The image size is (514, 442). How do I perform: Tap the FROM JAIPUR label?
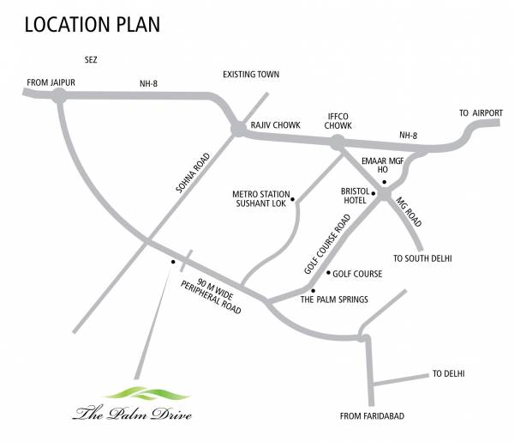[x=52, y=82]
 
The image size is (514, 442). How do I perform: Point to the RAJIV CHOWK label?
[x=275, y=125]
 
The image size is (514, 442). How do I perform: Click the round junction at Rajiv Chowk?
[x=238, y=130]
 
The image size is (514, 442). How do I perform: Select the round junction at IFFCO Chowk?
[x=340, y=142]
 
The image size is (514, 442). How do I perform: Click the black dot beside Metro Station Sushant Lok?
[x=294, y=201]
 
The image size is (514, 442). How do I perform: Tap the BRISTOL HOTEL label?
[x=356, y=195]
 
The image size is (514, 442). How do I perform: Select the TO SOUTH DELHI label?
[x=421, y=257]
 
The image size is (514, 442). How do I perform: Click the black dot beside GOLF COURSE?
[x=329, y=274]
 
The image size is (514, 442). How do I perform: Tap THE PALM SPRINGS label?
[x=334, y=300]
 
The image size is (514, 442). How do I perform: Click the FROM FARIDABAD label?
[x=372, y=415]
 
